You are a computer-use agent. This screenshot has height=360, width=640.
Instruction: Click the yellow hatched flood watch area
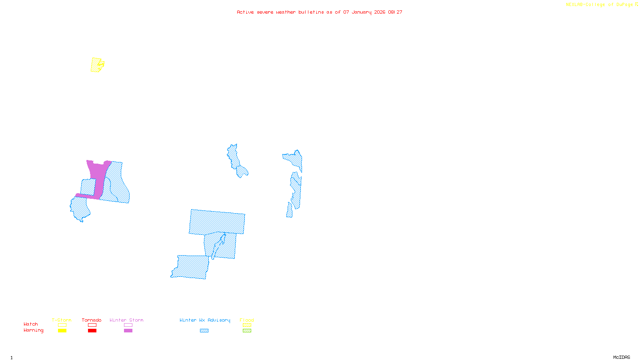[96, 65]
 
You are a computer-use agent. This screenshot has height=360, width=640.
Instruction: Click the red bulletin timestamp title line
[320, 12]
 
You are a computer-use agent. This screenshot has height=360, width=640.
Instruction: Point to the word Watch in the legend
[31, 324]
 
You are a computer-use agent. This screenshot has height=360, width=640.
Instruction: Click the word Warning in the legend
[34, 330]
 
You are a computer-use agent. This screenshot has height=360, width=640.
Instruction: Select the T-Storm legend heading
[62, 320]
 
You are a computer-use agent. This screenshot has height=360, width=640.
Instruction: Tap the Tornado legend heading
[92, 320]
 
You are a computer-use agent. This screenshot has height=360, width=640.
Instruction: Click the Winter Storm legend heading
[126, 320]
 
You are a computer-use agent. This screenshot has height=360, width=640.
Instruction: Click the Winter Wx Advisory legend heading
[205, 320]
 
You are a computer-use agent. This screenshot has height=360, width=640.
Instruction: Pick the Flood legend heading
[247, 320]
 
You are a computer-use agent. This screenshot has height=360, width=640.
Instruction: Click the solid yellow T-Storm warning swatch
[62, 331]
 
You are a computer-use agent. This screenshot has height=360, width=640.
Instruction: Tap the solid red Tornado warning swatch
[92, 331]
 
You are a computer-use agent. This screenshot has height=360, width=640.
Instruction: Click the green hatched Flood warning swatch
[247, 331]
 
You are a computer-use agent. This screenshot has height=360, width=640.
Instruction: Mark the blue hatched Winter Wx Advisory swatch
[204, 331]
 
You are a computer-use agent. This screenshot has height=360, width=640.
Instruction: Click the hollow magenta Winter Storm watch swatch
[128, 325]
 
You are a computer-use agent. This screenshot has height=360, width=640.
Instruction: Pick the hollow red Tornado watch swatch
[92, 325]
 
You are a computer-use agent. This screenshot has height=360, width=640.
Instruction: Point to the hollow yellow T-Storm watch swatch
[62, 325]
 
